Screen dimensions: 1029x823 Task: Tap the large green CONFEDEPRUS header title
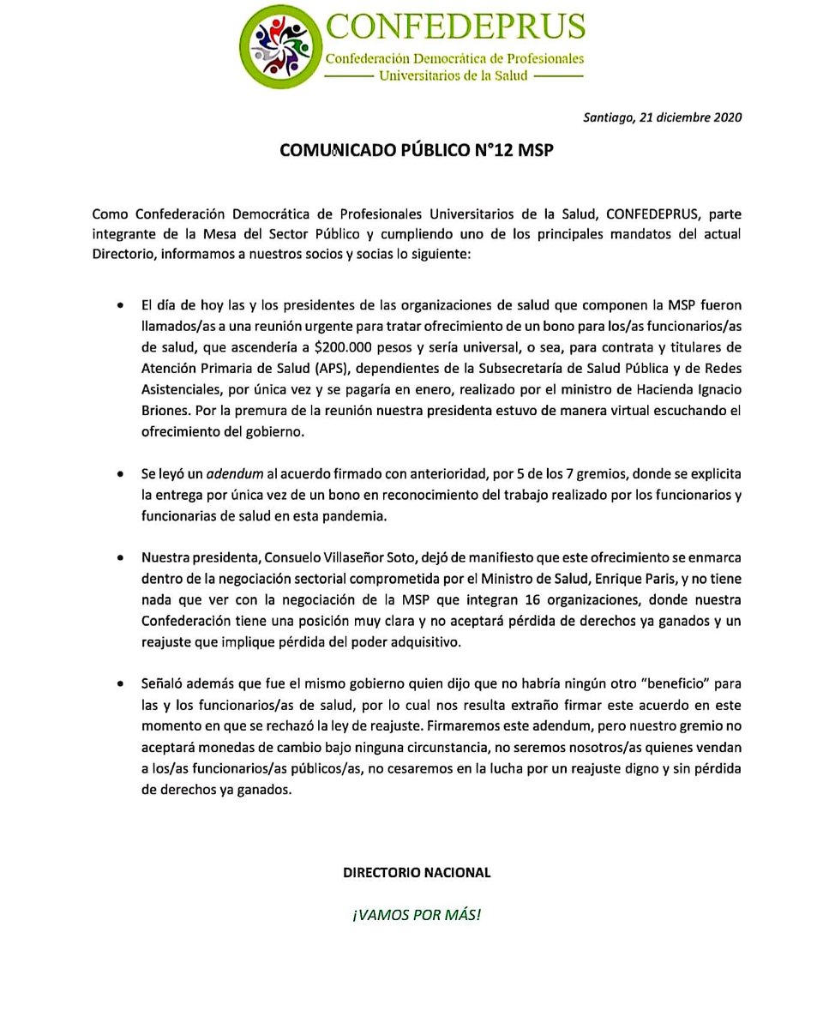pos(454,28)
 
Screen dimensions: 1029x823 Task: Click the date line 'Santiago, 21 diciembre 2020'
pos(663,117)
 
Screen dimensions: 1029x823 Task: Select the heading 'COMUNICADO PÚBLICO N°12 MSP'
pos(417,150)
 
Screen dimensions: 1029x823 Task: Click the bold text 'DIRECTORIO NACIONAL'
pos(417,873)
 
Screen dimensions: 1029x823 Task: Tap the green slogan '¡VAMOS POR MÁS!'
pos(417,914)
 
